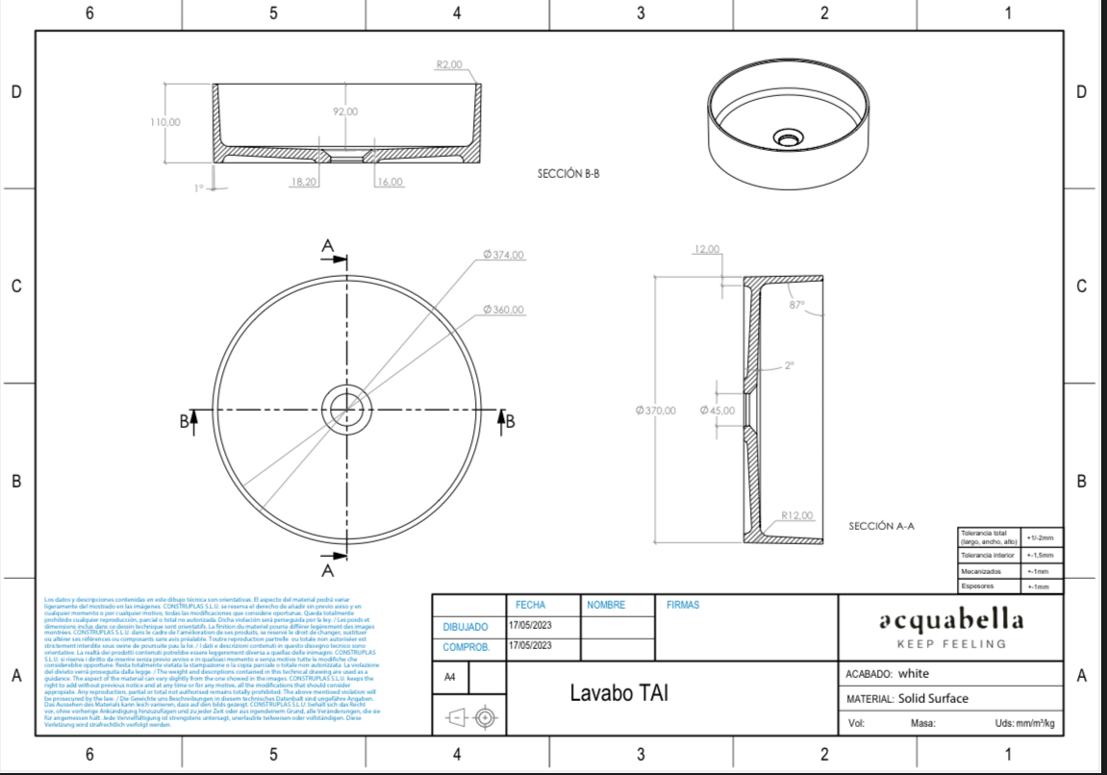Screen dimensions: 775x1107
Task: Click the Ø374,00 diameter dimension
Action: tap(504, 255)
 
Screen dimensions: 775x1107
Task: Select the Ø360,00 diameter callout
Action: tap(504, 310)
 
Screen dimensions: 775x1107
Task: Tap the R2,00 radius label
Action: tap(449, 64)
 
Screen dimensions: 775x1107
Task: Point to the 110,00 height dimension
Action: tap(165, 122)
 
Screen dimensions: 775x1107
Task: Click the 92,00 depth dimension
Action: tap(345, 112)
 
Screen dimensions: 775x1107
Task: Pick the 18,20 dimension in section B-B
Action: tap(304, 182)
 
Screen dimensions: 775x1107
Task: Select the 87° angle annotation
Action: tap(796, 304)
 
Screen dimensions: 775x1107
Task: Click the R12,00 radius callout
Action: tap(797, 515)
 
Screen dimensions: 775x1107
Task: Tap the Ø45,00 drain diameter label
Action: tap(717, 411)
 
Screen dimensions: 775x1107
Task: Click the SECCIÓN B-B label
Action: tap(568, 174)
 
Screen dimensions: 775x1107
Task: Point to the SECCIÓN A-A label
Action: tap(881, 526)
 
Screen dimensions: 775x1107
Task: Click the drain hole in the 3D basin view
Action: tap(789, 139)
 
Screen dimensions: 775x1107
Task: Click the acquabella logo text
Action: tap(950, 619)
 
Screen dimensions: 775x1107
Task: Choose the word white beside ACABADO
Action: tap(914, 674)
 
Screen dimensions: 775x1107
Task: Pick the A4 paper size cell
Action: tap(450, 677)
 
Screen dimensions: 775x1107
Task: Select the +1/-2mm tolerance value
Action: tap(1040, 538)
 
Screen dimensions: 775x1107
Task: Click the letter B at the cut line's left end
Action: tap(183, 420)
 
